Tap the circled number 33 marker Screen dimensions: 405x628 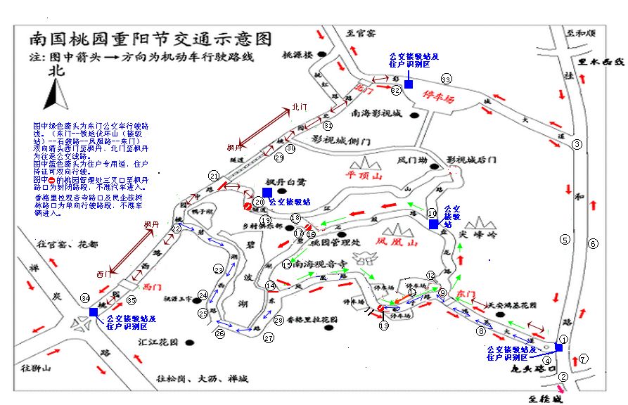(x=445, y=78)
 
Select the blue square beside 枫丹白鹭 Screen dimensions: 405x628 (x=267, y=192)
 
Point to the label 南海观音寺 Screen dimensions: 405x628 (x=320, y=265)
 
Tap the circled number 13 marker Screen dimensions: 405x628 (x=384, y=326)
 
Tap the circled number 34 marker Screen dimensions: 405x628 (x=85, y=299)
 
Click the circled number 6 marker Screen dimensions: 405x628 (x=593, y=244)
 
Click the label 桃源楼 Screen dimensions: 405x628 (x=297, y=54)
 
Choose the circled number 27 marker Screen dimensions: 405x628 (x=269, y=338)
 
